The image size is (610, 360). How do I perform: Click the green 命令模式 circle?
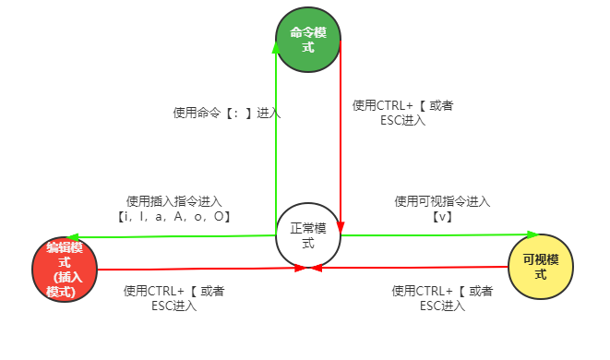[308, 40]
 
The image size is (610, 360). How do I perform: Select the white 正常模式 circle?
[308, 234]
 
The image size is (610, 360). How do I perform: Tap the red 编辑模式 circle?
[65, 269]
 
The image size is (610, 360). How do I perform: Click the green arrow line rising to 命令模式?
[276, 138]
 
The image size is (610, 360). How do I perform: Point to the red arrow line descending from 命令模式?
[341, 138]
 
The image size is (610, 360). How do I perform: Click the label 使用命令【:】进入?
[227, 113]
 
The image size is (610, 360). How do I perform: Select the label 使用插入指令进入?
[174, 201]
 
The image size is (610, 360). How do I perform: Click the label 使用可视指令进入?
[442, 201]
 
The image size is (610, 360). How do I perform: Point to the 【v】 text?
[442, 216]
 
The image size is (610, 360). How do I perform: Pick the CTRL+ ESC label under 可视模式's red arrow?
[442, 298]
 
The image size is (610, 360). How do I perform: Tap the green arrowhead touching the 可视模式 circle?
[532, 234]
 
